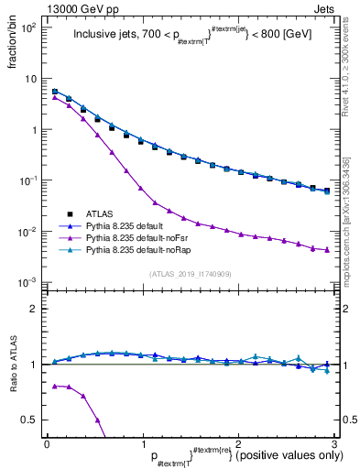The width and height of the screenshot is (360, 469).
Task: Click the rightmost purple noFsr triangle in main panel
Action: (327, 250)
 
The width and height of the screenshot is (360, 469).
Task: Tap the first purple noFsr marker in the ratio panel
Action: (55, 386)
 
